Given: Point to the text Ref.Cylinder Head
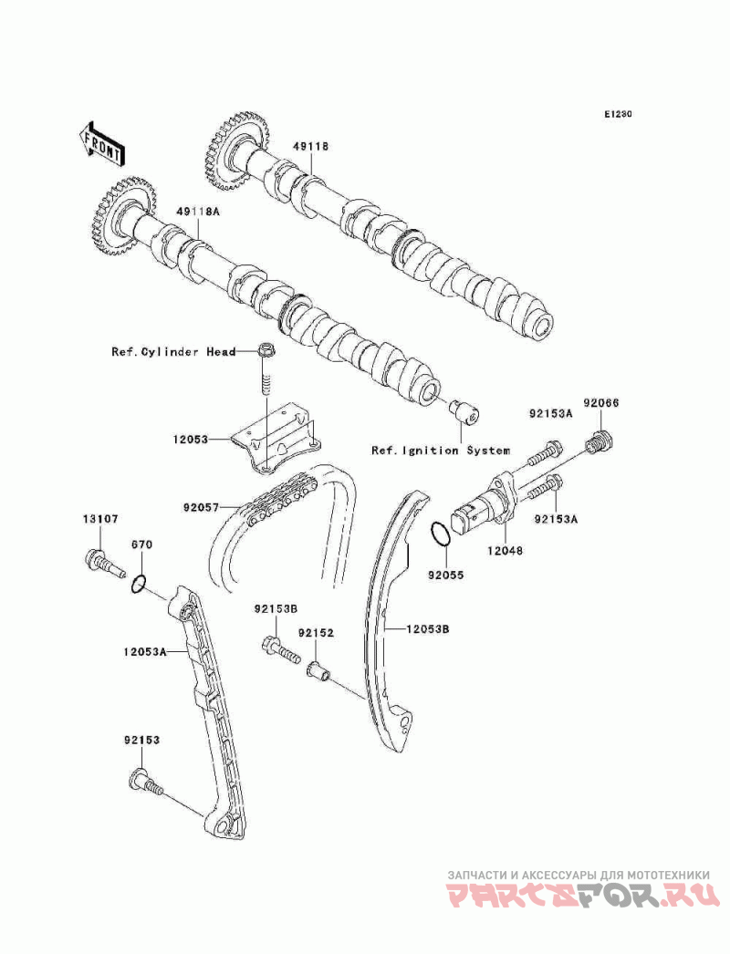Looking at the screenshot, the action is (x=173, y=352).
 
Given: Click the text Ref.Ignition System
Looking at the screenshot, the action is (x=441, y=451).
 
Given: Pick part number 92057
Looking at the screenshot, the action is (x=202, y=505).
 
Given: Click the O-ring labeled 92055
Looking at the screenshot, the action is (x=441, y=533).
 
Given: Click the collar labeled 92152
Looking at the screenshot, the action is (x=318, y=671).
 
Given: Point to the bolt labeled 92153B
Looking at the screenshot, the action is (x=281, y=649).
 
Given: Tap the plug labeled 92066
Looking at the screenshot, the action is (x=600, y=441).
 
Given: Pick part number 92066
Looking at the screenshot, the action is (x=601, y=403).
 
